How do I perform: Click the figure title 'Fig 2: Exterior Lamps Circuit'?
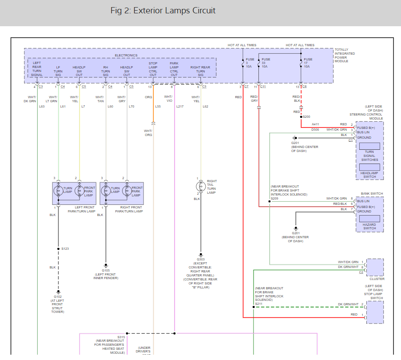163,11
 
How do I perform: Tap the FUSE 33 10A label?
266,63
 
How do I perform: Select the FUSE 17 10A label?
308,63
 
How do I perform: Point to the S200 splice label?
306,116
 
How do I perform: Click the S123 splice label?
65,248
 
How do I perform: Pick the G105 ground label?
106,270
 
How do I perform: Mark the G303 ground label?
201,259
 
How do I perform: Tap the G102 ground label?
58,296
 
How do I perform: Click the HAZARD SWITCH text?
369,226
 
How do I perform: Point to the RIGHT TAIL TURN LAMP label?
212,187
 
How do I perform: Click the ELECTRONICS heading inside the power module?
126,56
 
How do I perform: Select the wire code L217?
179,107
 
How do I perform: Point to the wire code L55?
158,107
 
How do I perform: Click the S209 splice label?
274,198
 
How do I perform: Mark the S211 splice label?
258,304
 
